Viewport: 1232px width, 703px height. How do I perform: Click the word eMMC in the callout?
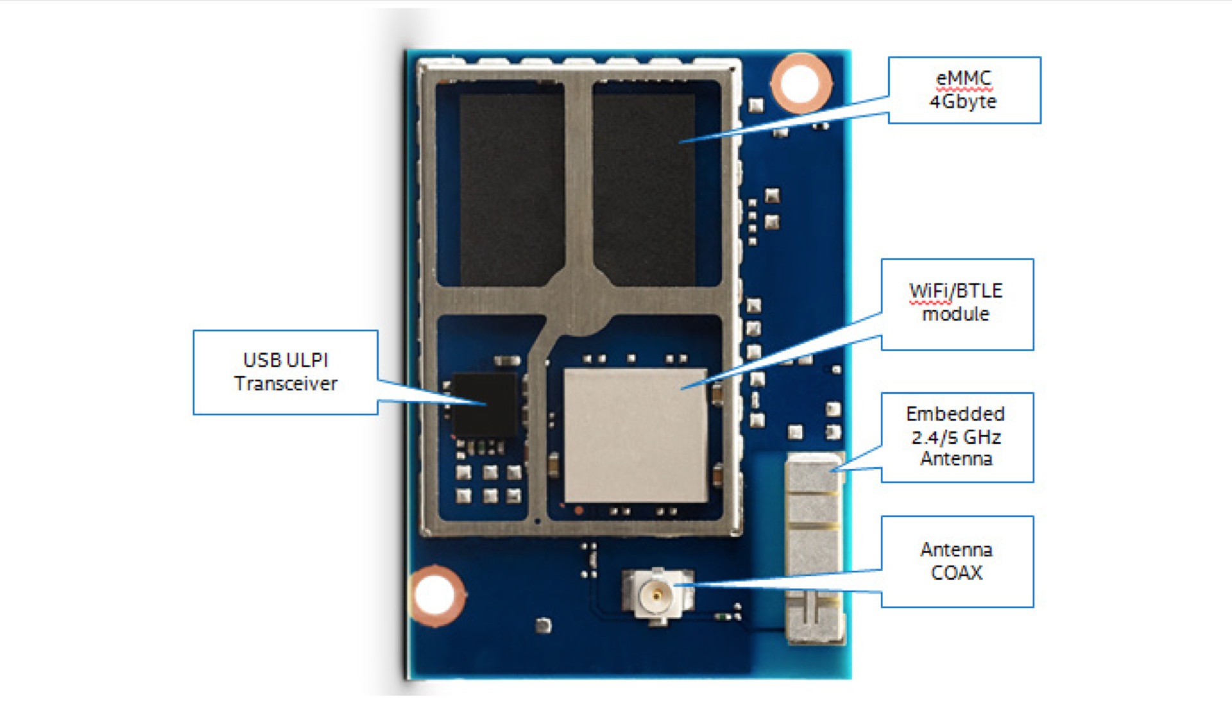coord(963,78)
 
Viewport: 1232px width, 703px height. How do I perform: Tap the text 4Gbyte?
coord(963,101)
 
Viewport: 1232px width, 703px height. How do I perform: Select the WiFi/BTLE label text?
coord(955,291)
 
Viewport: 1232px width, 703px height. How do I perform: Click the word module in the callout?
coord(955,314)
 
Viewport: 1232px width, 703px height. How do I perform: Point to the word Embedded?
coord(955,414)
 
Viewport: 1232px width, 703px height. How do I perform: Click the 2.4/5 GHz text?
coord(956,437)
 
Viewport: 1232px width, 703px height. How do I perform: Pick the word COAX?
coord(956,572)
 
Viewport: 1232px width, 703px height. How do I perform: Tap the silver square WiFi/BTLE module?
coord(635,435)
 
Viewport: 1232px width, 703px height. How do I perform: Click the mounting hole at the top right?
coord(800,83)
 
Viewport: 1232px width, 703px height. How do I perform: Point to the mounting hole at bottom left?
coord(436,595)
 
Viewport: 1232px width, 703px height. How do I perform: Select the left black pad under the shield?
coord(511,189)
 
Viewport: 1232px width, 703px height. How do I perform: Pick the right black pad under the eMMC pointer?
coord(644,189)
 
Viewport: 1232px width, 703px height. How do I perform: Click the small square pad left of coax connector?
coord(543,625)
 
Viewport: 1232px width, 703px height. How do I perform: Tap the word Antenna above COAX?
coord(956,550)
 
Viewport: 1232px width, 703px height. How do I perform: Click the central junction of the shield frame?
coord(581,301)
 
